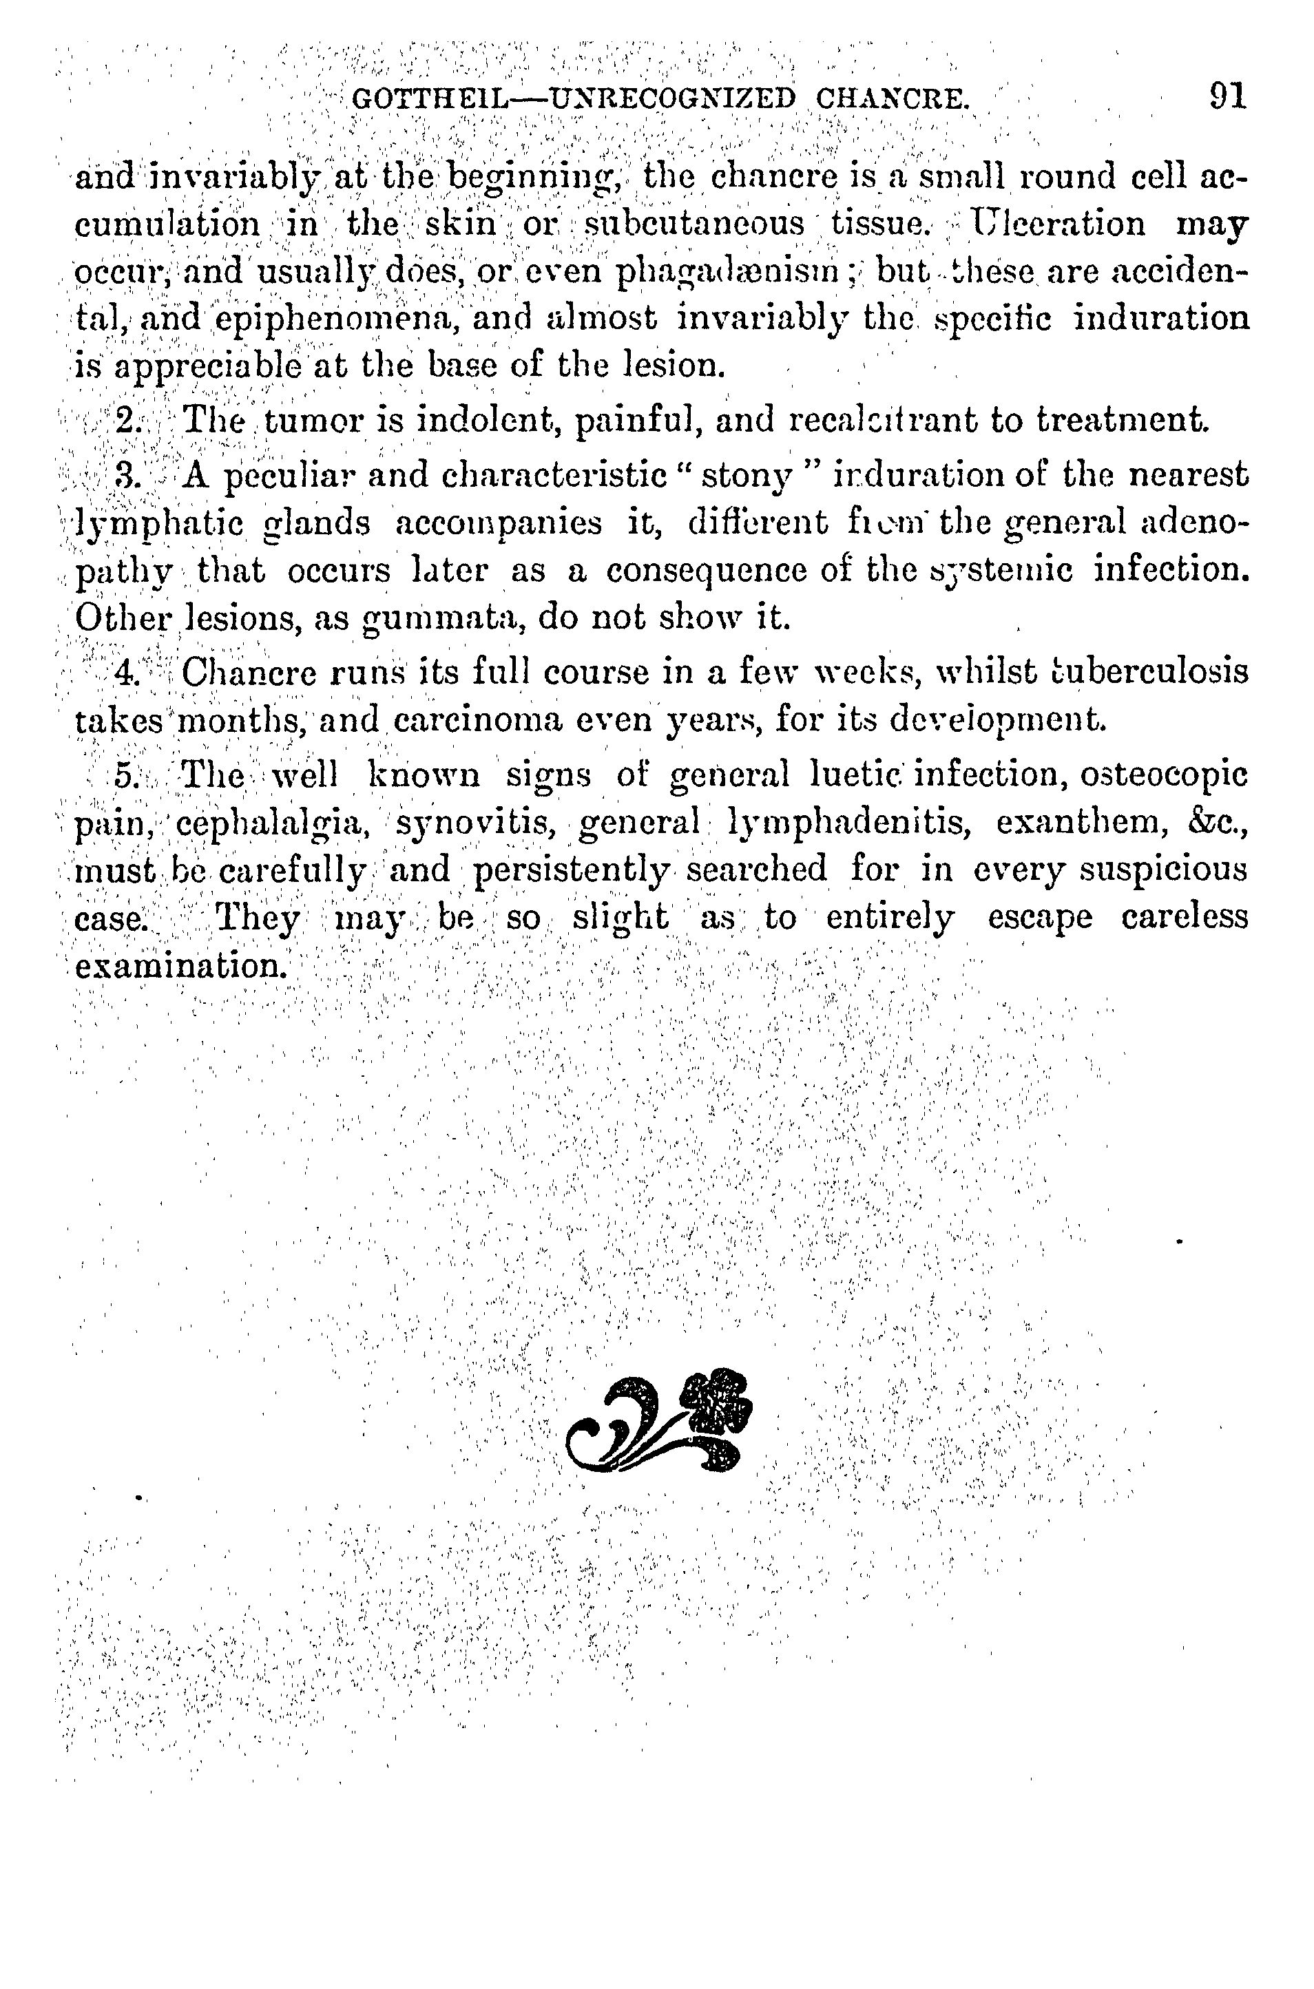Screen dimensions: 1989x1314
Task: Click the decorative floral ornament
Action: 658,1421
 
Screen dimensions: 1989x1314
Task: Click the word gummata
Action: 441,620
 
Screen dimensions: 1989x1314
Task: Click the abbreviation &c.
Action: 1219,822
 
